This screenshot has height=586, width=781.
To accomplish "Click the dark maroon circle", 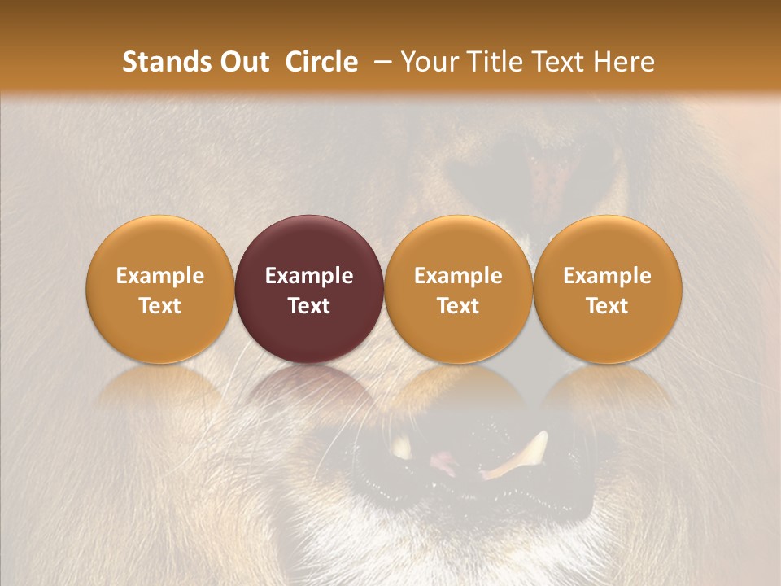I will [x=309, y=289].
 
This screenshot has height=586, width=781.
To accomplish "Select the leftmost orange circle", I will [x=159, y=289].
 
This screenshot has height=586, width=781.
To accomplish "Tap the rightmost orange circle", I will [x=607, y=289].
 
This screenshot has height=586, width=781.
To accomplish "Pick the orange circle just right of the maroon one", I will [x=458, y=289].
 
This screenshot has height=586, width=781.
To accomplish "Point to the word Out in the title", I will [x=243, y=62].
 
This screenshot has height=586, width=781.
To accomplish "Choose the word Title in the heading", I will [x=495, y=62].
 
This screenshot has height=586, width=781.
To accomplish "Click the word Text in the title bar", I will [x=561, y=62].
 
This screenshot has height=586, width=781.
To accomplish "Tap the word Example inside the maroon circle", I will [x=309, y=276].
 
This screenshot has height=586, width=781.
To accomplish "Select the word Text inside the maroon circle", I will [x=309, y=306].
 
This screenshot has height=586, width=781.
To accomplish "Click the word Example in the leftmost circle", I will [x=159, y=276].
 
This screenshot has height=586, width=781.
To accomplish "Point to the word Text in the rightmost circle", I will [x=607, y=306].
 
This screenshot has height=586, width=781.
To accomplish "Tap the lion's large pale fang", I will [x=521, y=456].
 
